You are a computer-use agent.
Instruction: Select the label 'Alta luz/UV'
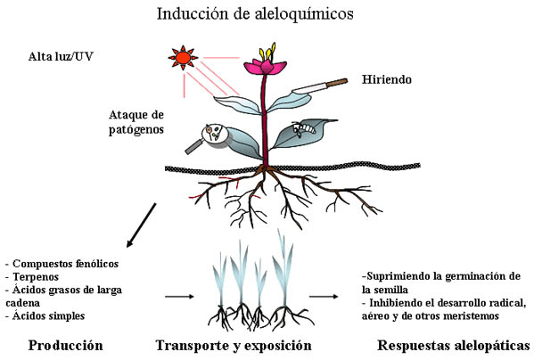[60, 57]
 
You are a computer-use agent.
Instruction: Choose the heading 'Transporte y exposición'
[233, 345]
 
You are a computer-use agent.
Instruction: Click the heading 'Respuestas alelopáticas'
[453, 345]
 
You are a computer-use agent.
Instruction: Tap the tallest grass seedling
[283, 267]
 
